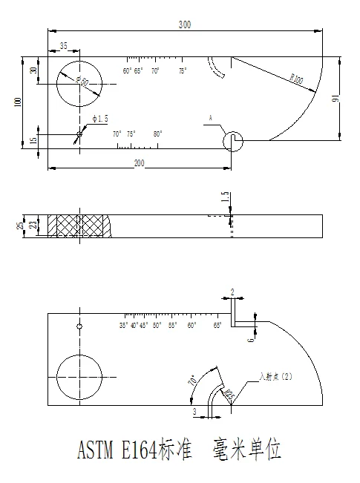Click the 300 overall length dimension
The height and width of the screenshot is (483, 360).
coord(185,24)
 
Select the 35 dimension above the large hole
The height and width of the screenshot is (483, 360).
coord(64,46)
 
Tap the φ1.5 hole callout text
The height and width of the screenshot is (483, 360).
coord(99,119)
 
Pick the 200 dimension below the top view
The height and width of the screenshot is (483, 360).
coord(139,162)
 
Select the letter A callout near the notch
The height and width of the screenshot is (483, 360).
coord(211,118)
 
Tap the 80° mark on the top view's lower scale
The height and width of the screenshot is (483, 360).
coord(158,134)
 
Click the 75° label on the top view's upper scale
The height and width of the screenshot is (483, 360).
coord(183,71)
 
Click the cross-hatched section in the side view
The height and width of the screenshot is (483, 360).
coord(78,226)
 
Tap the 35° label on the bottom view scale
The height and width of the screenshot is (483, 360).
coord(123,325)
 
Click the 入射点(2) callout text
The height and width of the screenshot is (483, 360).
coord(276,377)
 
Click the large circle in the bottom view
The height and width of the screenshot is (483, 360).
coord(81,378)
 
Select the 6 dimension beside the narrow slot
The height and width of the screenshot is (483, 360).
coord(251,339)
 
